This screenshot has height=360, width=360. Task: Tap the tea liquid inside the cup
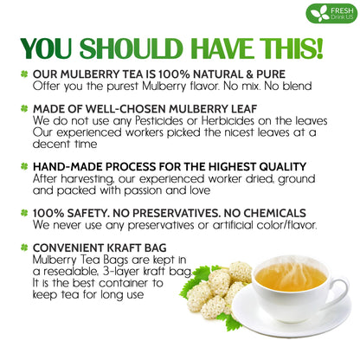point(291,277)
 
